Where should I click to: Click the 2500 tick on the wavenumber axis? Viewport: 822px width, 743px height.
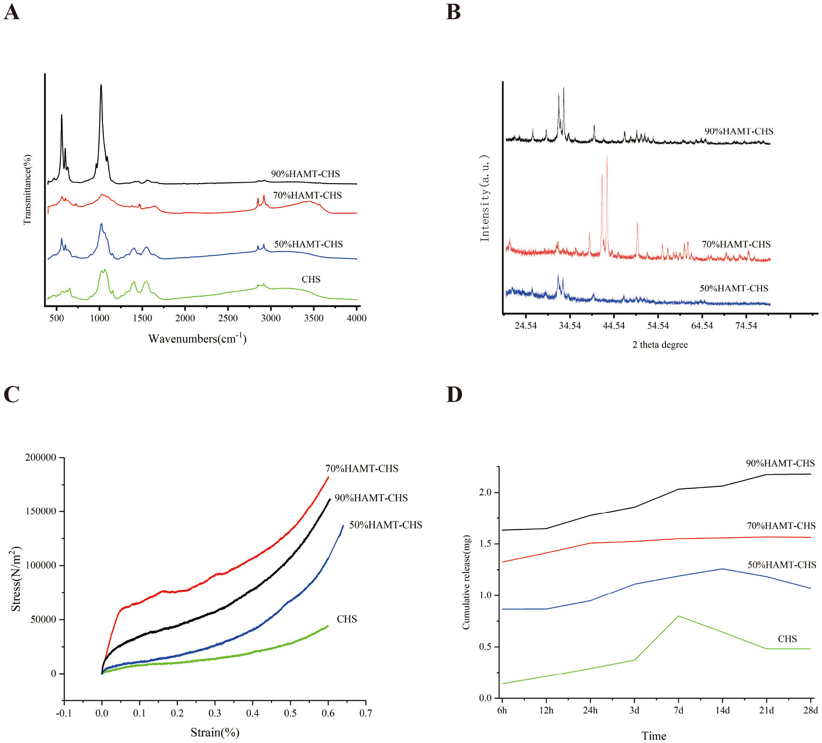pyautogui.click(x=228, y=318)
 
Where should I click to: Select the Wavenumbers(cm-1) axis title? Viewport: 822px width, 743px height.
pyautogui.click(x=197, y=338)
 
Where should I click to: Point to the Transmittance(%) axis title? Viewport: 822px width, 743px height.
pyautogui.click(x=27, y=190)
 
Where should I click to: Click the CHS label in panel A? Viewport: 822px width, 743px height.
pyautogui.click(x=311, y=279)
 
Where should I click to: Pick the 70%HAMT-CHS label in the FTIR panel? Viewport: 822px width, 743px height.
pyautogui.click(x=307, y=195)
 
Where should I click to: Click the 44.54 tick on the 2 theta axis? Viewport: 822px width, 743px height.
pyautogui.click(x=614, y=326)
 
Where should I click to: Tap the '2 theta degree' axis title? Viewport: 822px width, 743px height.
pyautogui.click(x=660, y=345)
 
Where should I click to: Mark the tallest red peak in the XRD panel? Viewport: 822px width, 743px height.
pyautogui.click(x=607, y=157)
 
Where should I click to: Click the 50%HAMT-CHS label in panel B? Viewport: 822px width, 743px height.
pyautogui.click(x=734, y=288)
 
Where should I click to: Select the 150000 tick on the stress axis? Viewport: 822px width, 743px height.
pyautogui.click(x=41, y=511)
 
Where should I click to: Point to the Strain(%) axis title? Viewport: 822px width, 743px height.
pyautogui.click(x=215, y=732)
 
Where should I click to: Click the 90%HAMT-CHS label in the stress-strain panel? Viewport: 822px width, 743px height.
pyautogui.click(x=371, y=498)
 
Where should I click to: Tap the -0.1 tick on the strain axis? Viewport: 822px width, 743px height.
pyautogui.click(x=64, y=713)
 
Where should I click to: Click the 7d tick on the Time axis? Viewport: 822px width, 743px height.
pyautogui.click(x=678, y=710)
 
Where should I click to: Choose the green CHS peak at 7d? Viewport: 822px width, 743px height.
pyautogui.click(x=678, y=616)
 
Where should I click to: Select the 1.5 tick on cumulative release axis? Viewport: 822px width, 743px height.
pyautogui.click(x=485, y=544)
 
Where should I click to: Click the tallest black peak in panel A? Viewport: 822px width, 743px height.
pyautogui.click(x=101, y=86)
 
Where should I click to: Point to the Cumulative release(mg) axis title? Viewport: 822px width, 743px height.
pyautogui.click(x=466, y=582)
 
